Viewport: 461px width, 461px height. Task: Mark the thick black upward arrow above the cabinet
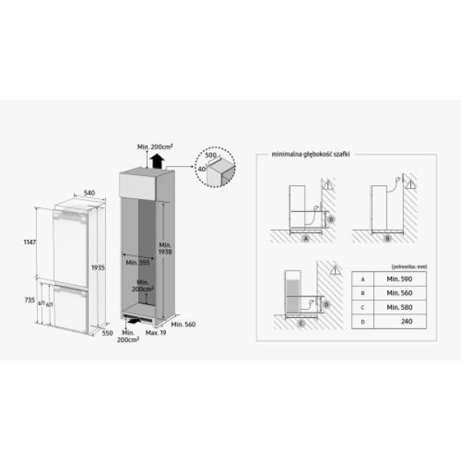157,161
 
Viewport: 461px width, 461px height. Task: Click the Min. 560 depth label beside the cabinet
184,326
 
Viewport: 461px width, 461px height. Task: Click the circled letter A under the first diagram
306,240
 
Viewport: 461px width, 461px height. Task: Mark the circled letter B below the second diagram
388,240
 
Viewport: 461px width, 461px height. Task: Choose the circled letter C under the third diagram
300,323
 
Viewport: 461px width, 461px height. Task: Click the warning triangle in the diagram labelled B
410,185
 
